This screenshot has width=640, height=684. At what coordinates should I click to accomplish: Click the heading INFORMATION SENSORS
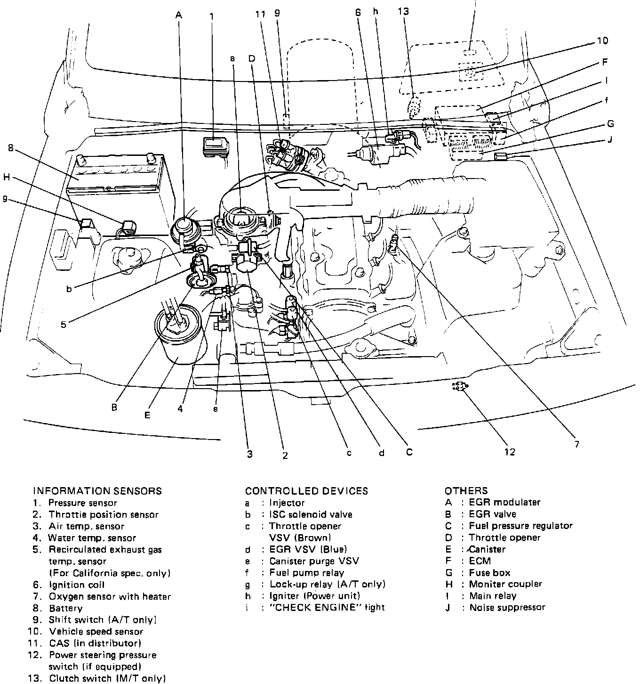pos(97,491)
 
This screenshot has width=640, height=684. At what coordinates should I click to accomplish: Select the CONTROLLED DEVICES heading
pos(306,491)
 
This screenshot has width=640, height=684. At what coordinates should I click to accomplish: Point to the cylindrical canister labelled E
pos(180,334)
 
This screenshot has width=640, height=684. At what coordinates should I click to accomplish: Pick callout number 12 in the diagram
pos(510,452)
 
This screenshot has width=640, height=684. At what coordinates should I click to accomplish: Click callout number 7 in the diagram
pos(576,444)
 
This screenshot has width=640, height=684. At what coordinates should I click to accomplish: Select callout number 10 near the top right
pos(602,41)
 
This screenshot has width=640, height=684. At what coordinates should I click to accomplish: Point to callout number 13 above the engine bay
pos(403,11)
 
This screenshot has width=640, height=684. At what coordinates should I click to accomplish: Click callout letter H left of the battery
pos(6,177)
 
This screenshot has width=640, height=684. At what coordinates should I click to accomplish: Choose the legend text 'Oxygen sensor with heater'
pos(110,596)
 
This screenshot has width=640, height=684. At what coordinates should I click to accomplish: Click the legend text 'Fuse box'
pos(489,573)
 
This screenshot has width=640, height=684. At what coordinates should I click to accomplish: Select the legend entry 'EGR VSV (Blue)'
pos(308,549)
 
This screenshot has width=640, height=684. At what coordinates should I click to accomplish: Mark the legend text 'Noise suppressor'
pos(507,608)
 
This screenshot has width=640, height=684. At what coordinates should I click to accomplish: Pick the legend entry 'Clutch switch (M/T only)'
pos(107,679)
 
